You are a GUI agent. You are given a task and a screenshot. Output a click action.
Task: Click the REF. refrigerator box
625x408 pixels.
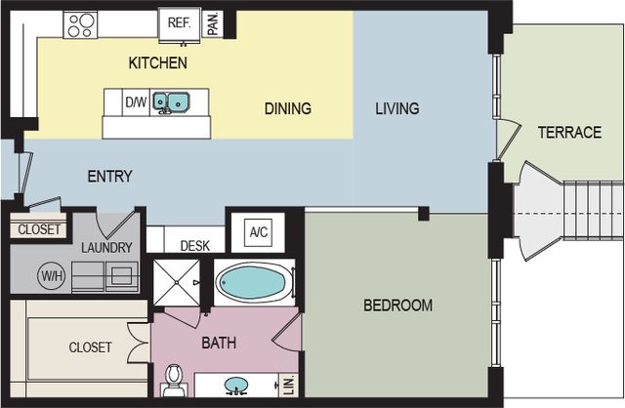[179, 24]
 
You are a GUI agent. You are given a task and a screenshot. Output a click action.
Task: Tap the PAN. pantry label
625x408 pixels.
[213, 23]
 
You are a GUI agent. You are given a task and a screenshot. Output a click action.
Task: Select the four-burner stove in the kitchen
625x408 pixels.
[80, 24]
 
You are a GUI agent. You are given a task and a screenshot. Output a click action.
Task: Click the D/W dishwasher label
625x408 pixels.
[136, 102]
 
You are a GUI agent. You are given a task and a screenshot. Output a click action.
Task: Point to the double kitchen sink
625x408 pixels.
[171, 102]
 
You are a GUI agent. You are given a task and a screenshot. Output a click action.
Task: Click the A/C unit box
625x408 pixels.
[258, 232]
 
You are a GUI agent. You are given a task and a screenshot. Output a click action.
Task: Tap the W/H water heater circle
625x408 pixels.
[52, 275]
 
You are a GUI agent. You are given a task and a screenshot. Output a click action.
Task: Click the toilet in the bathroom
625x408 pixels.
[174, 380]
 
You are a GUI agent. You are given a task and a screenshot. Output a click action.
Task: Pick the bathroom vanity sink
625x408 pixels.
[236, 385]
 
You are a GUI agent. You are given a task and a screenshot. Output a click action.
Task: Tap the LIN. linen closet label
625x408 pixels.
[290, 386]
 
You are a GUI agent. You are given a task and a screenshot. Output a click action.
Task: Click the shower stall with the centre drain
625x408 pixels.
[177, 282]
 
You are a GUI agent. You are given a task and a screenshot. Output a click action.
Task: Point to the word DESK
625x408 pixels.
[195, 246]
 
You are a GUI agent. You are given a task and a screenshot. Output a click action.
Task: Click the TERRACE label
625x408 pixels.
[569, 133]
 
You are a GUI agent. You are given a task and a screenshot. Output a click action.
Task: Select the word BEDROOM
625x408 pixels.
[397, 306]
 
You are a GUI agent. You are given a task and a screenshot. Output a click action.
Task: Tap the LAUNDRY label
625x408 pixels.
[106, 247]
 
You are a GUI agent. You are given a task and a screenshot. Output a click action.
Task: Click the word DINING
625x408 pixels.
[288, 108]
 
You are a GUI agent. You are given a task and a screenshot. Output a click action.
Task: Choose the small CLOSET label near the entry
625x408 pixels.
[39, 229]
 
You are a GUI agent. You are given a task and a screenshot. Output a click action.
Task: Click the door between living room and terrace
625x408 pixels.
[508, 140]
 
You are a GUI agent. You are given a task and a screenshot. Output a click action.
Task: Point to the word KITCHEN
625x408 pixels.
[158, 62]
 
